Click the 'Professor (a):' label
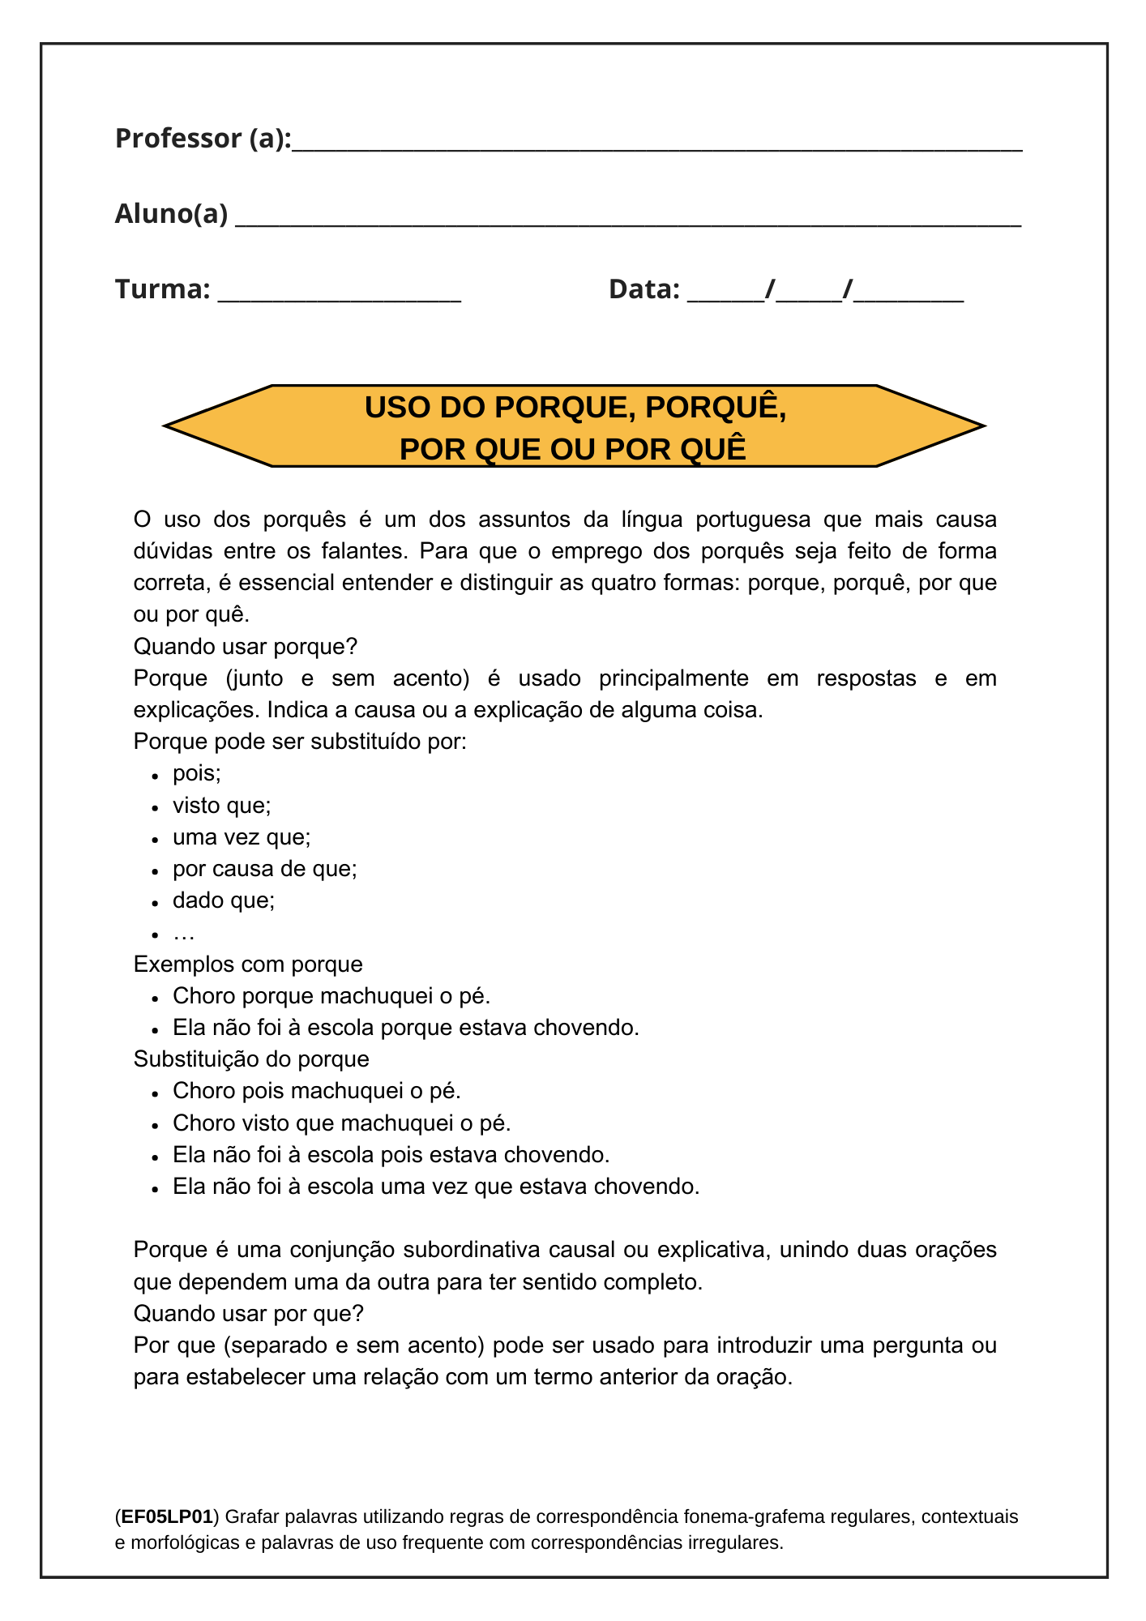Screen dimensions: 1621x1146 [x=203, y=139]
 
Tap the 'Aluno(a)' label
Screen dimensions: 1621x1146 [x=171, y=214]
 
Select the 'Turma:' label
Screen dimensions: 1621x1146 [x=163, y=289]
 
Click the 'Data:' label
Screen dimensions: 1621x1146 [x=644, y=289]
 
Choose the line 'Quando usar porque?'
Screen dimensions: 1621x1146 [x=245, y=647]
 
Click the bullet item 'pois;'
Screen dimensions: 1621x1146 [x=197, y=773]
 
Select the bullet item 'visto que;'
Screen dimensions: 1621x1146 [x=222, y=806]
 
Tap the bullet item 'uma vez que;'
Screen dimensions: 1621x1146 [x=242, y=837]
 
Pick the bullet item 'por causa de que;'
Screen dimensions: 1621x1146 [x=265, y=869]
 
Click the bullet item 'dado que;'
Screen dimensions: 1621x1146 [x=224, y=900]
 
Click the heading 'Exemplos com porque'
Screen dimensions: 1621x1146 [x=248, y=964]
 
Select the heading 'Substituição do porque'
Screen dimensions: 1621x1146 [x=251, y=1059]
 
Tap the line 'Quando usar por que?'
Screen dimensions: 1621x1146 [x=248, y=1313]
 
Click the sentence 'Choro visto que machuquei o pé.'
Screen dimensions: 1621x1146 [x=342, y=1123]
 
